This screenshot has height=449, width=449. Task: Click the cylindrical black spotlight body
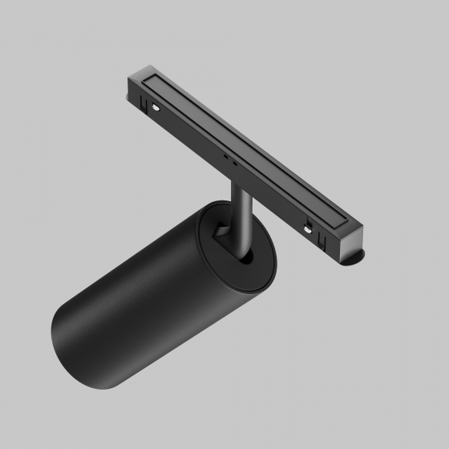pos(144,305)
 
